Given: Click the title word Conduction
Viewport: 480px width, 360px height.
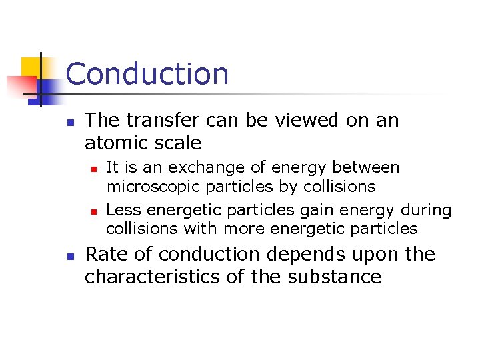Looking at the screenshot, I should (147, 74).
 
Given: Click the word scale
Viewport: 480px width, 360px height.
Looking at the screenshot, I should (177, 143).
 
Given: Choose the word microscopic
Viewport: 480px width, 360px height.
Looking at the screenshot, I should (153, 186).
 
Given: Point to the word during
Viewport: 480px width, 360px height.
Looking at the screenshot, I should (426, 210).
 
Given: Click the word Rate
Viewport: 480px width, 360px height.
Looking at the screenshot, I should (106, 255).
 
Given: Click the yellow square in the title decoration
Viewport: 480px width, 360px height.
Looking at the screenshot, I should (31, 67).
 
